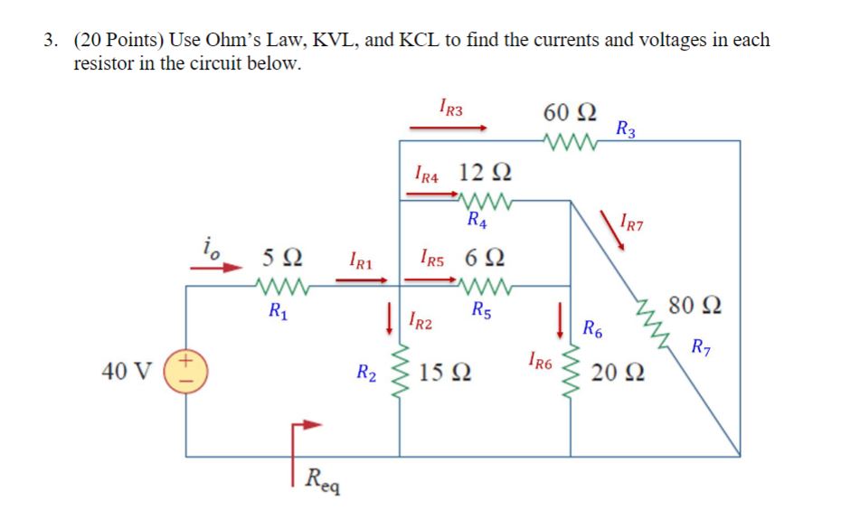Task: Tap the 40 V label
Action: point(129,371)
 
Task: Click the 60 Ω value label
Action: point(569,113)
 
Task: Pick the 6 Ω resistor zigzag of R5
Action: point(486,288)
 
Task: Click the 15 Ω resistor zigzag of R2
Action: point(400,371)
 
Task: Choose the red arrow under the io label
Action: point(220,268)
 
